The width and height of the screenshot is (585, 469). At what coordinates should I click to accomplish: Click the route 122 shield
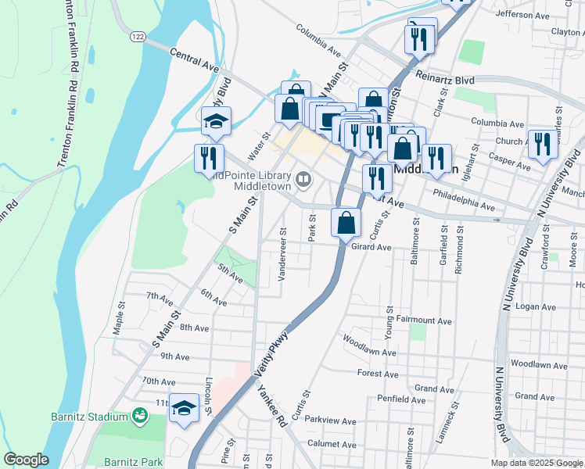(138, 37)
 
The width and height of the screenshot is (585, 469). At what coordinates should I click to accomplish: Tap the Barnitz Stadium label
(89, 416)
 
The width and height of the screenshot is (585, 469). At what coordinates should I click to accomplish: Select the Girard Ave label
(371, 247)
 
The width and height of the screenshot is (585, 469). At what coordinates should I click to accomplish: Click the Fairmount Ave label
(425, 320)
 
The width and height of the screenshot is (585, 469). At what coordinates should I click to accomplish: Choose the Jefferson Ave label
(523, 14)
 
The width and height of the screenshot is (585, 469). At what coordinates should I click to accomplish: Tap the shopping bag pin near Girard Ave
(346, 224)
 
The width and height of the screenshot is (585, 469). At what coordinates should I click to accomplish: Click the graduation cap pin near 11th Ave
(185, 409)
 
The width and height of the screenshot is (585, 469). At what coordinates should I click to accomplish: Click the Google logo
(26, 460)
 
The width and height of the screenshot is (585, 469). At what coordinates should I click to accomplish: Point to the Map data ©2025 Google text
(536, 463)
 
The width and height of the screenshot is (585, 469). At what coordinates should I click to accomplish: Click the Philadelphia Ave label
(464, 202)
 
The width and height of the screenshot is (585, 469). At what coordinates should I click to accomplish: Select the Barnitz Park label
(125, 462)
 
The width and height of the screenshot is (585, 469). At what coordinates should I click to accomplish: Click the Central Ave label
(194, 60)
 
